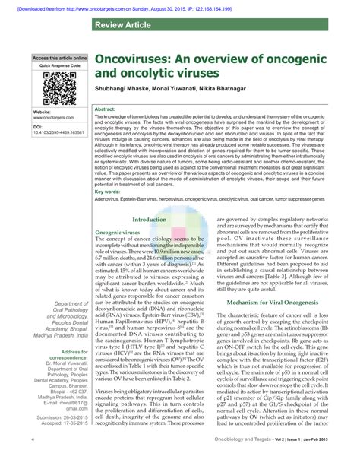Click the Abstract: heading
click(x=105, y=109)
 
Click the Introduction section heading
click(x=150, y=219)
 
